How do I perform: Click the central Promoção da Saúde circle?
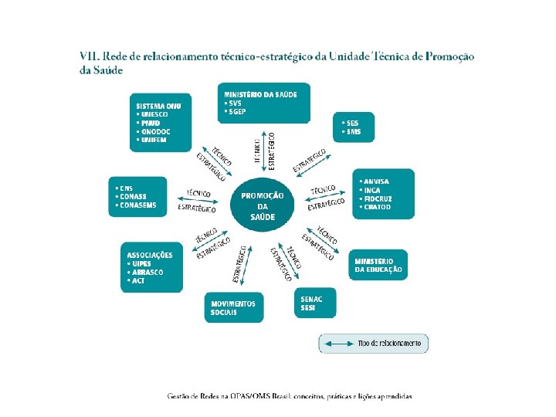point(263,205)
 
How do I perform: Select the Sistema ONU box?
point(160,122)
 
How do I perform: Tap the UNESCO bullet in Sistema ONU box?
point(154,114)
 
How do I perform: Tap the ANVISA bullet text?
point(376,181)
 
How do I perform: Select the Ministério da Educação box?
point(378,265)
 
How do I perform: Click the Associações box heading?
point(150,255)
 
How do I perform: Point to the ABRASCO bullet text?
point(148,272)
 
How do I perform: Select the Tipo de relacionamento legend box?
point(373,343)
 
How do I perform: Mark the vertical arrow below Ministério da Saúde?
point(265,146)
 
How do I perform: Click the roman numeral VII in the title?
point(90,56)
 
